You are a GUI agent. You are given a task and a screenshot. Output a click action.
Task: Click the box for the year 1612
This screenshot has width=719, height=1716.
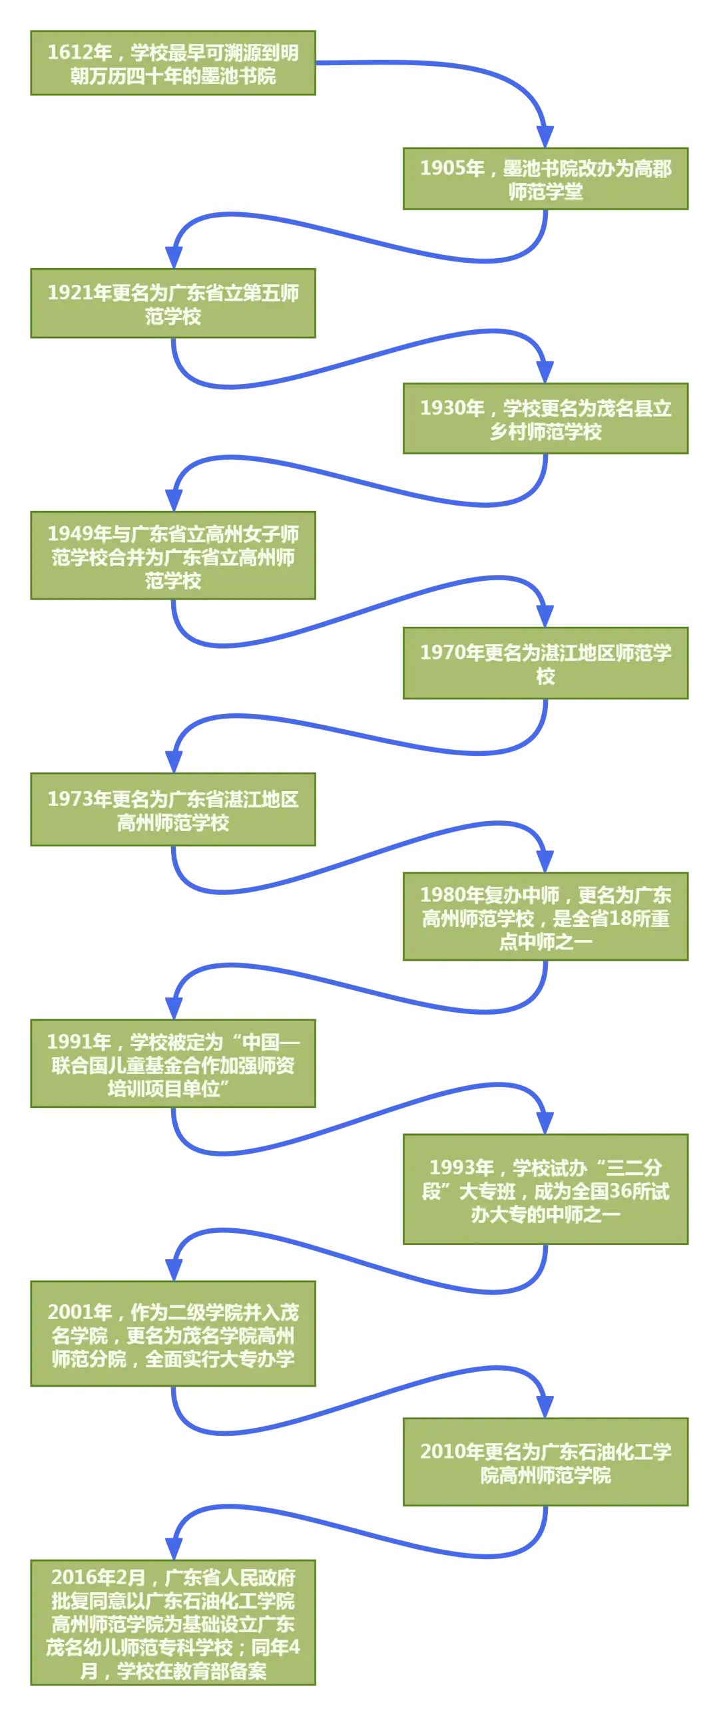click(x=172, y=63)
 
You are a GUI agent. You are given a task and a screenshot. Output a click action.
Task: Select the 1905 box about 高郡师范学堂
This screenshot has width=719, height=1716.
click(x=545, y=179)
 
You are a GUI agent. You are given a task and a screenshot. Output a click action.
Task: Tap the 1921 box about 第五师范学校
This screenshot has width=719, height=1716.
click(x=172, y=304)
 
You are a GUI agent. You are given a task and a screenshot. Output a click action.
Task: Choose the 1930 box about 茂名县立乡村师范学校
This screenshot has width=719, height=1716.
click(x=545, y=419)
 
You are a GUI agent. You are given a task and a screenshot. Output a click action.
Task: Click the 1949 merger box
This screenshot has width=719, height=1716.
click(x=172, y=556)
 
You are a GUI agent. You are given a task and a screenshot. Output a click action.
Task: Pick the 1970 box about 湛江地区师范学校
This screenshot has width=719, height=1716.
click(x=545, y=663)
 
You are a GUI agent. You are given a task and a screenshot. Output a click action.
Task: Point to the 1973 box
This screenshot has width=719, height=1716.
click(x=172, y=810)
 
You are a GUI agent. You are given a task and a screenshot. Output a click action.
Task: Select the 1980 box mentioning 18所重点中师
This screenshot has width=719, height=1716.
click(x=545, y=918)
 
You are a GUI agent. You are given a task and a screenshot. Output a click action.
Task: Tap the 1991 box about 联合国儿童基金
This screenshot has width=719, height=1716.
click(x=172, y=1064)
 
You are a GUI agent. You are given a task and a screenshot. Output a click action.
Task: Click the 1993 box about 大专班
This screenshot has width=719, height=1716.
click(x=545, y=1190)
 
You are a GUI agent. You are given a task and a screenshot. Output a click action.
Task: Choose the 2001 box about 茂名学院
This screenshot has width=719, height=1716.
click(x=172, y=1334)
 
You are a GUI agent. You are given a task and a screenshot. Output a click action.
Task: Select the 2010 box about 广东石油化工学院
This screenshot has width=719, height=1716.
click(x=545, y=1462)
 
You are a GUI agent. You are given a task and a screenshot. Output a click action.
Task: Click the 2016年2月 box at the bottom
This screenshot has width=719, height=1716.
click(x=172, y=1624)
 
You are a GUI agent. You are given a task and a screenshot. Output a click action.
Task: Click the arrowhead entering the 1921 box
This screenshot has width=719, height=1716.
click(x=173, y=256)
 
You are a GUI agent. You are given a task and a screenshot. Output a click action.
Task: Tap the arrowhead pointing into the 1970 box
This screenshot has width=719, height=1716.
click(x=545, y=615)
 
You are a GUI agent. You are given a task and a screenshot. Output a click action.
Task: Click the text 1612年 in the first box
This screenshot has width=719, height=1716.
click(x=79, y=53)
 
